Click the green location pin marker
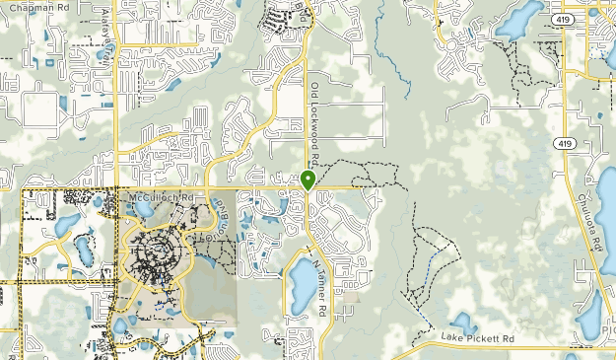pyautogui.click(x=308, y=180)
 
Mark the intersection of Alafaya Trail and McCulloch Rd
pyautogui.click(x=118, y=187)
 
